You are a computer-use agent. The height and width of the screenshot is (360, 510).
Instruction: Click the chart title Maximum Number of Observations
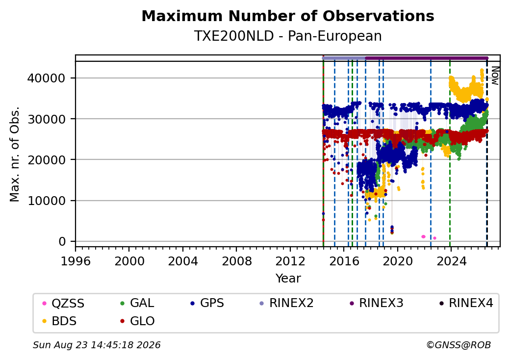click(288, 16)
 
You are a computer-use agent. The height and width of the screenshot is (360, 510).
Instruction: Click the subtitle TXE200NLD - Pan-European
click(288, 36)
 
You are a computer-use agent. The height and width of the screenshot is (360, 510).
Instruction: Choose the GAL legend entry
click(137, 303)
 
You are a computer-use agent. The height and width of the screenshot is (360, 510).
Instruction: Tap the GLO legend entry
click(137, 321)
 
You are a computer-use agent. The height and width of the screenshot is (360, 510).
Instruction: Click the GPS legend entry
click(207, 303)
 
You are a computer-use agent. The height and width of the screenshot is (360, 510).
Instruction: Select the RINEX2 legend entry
click(286, 303)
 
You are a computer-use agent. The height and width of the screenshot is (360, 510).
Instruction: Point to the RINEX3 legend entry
click(376, 303)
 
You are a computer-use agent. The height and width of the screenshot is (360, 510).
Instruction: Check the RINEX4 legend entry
click(466, 303)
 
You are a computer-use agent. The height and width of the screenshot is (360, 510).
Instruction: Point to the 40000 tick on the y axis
click(46, 78)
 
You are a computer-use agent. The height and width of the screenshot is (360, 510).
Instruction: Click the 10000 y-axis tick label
click(46, 201)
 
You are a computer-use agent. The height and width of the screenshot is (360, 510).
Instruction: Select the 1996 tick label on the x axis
click(76, 261)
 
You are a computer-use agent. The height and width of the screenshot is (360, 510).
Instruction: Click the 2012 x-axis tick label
click(290, 261)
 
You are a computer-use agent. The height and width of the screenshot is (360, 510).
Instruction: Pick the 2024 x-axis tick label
click(451, 261)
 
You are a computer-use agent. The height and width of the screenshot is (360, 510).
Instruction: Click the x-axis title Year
click(288, 279)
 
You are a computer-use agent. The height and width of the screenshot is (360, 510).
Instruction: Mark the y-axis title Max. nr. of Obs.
click(15, 154)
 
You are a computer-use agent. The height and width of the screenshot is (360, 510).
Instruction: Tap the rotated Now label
click(495, 76)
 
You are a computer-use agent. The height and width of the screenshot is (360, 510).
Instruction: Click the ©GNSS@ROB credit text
click(459, 345)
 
